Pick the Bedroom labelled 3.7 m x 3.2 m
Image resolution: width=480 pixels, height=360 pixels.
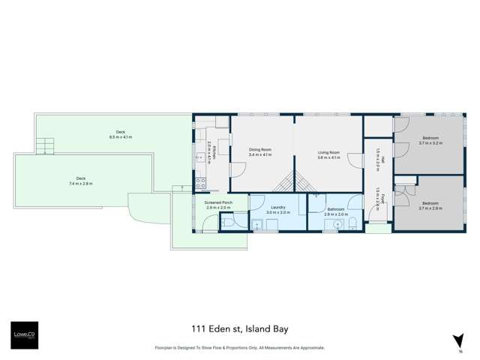click(431, 141)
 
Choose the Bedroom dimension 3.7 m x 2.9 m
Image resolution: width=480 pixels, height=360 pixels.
click(431, 208)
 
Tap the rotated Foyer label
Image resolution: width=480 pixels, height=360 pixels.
click(380, 202)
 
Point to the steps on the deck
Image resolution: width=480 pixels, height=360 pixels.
click(46, 145)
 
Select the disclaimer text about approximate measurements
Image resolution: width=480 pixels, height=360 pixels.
click(240, 347)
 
